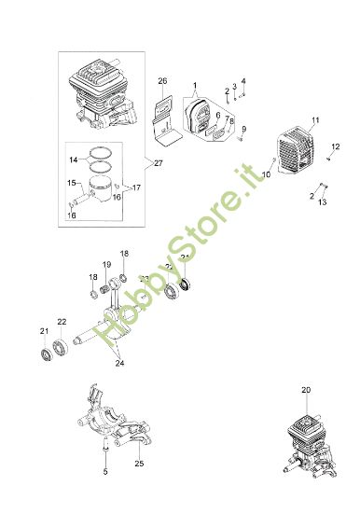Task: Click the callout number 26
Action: click(x=162, y=82)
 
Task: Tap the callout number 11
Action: click(x=315, y=120)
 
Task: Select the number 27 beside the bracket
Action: click(x=158, y=163)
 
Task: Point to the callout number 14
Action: click(x=74, y=160)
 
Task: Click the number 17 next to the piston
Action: click(x=136, y=187)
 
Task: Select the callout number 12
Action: click(x=336, y=146)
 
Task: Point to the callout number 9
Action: click(x=244, y=129)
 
